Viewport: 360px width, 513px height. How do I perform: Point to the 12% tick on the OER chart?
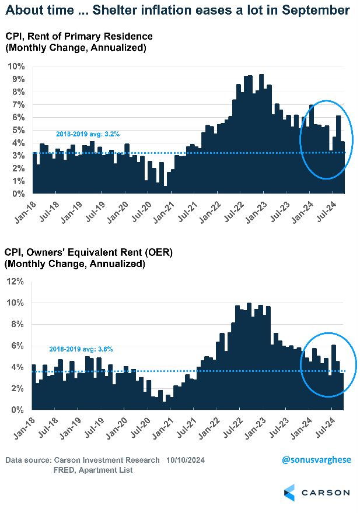[15, 282]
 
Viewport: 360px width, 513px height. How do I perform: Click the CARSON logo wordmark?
[326, 492]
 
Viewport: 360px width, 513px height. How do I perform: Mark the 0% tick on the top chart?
[18, 194]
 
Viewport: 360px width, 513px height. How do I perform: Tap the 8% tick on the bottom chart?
[18, 324]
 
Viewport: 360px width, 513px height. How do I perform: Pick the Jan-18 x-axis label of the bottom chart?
[23, 428]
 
